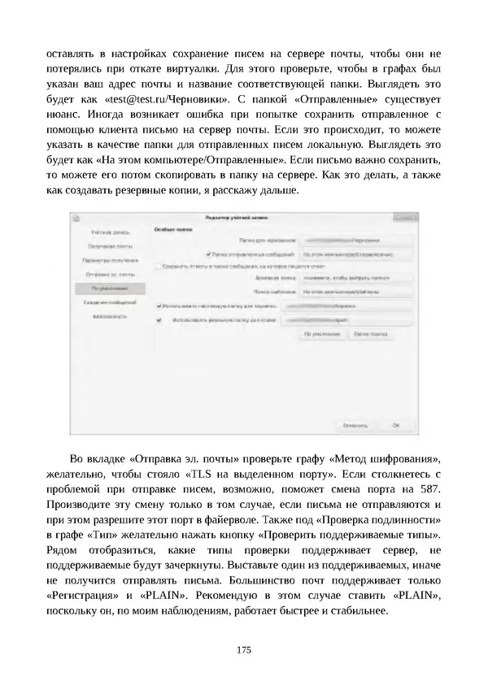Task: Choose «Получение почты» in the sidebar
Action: click(x=107, y=246)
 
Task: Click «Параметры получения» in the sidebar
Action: click(x=107, y=260)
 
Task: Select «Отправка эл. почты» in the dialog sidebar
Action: click(x=107, y=274)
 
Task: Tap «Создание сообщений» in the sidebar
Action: click(x=107, y=302)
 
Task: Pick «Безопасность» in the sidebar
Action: click(x=107, y=315)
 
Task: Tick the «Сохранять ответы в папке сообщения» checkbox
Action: click(x=158, y=265)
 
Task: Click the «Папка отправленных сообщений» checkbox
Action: click(x=209, y=254)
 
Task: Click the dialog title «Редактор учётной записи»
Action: click(x=236, y=218)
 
